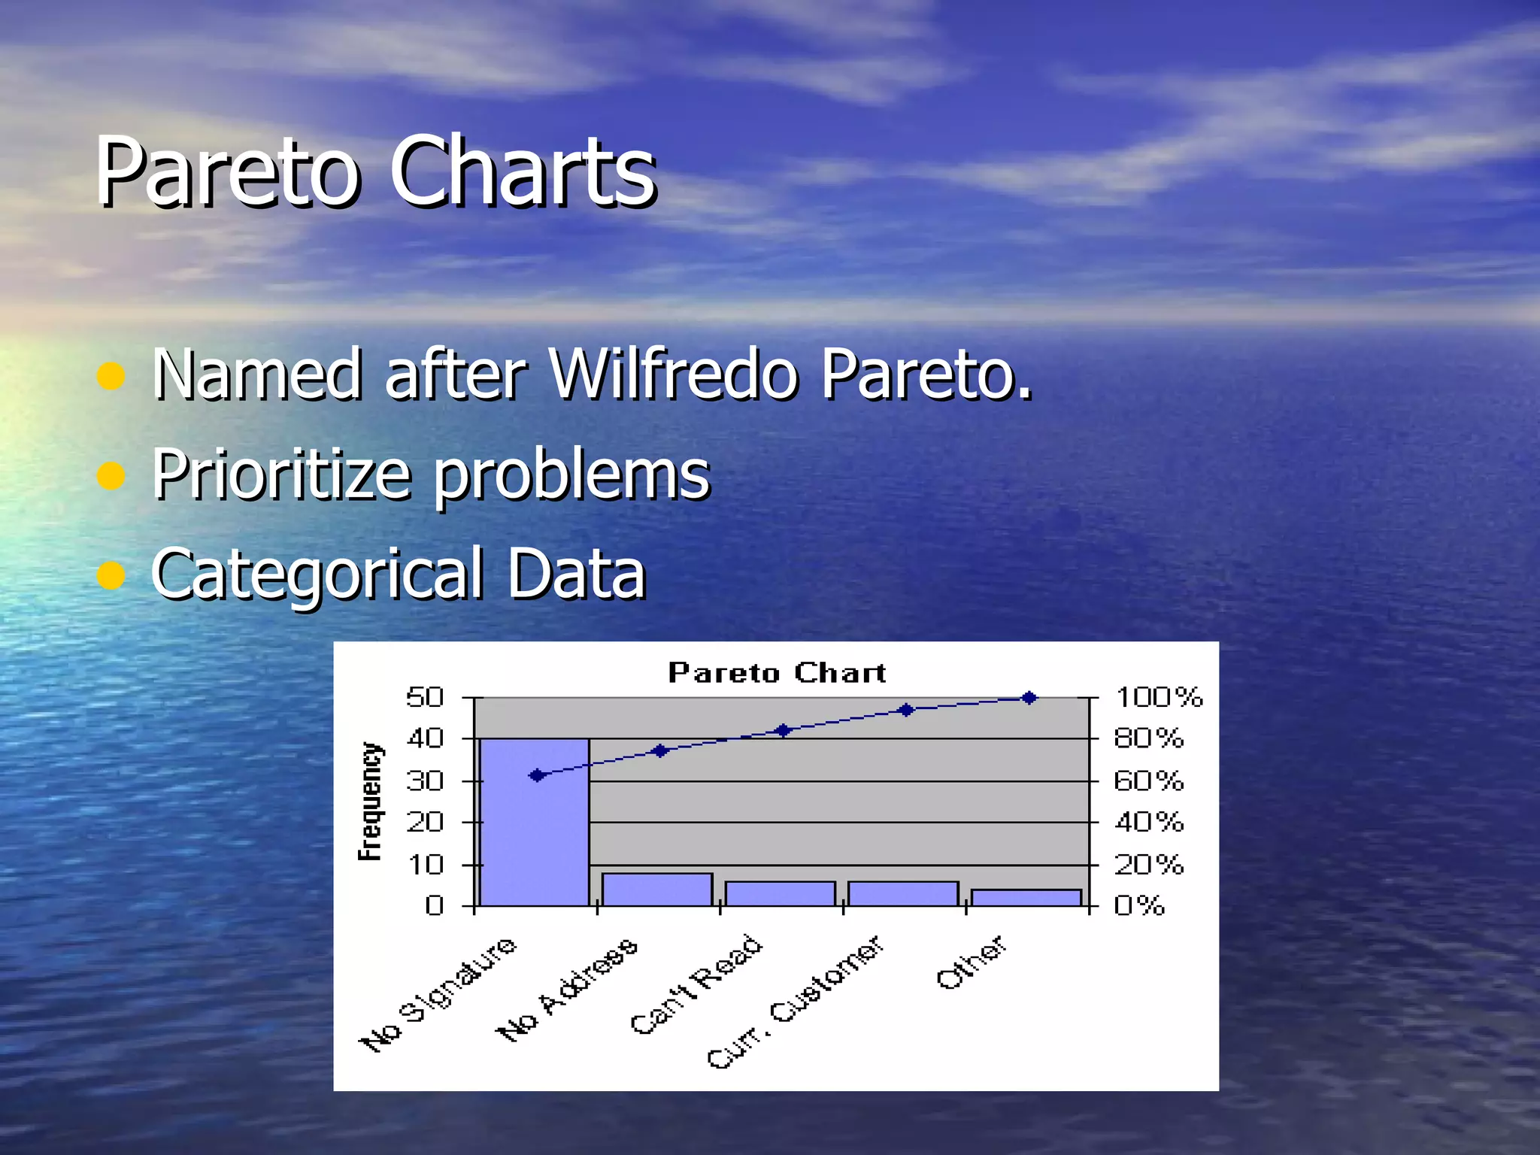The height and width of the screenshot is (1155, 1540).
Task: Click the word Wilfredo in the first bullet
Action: (673, 374)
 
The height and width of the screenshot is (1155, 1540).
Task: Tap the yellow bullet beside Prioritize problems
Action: (111, 475)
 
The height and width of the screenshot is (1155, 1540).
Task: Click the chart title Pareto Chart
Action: (777, 672)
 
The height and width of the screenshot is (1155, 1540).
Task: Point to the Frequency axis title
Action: (369, 801)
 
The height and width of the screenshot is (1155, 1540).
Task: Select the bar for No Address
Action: (657, 890)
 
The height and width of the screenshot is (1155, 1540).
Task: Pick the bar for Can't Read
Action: (780, 893)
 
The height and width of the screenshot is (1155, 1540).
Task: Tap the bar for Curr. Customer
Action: (903, 893)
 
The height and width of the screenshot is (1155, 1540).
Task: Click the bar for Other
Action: (1026, 898)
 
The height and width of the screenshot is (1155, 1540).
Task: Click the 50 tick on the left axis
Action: (425, 697)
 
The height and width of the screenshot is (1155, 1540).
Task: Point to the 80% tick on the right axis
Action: (1148, 738)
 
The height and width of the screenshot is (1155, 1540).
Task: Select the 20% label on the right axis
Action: (1148, 865)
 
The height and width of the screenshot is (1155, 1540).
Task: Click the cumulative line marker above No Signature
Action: (537, 775)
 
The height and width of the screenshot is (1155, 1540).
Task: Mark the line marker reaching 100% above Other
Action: (1029, 698)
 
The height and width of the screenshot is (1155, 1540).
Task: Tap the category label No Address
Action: (568, 991)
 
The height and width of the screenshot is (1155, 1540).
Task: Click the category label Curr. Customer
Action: (796, 1002)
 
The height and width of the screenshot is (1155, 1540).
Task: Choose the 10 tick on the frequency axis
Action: (425, 865)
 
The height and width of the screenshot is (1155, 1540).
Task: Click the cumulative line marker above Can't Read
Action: (783, 730)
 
